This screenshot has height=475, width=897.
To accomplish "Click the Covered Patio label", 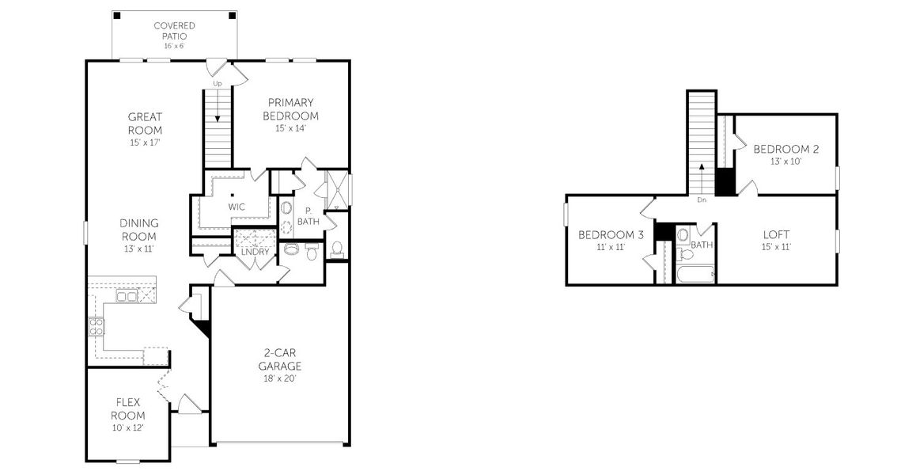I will [173, 31].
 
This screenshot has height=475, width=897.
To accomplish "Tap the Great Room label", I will [145, 123].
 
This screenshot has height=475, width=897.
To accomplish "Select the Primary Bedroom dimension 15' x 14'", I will [290, 128].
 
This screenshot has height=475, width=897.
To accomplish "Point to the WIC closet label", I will [237, 207].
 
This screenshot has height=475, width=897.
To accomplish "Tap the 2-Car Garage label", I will [279, 359].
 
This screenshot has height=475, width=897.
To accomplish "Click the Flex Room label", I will [127, 408].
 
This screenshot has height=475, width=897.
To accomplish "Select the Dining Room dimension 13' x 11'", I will [138, 249].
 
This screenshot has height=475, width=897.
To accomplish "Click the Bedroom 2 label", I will [785, 149].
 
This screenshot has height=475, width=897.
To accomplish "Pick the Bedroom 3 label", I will [610, 235].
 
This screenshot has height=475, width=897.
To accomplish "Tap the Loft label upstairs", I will [776, 235].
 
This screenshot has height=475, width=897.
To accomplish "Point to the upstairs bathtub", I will [695, 274].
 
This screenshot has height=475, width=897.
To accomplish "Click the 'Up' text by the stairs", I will [218, 83].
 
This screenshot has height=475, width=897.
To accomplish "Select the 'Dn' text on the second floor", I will [701, 200].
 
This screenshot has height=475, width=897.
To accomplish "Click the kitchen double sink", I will [127, 296].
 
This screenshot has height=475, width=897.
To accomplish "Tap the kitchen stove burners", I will [96, 327].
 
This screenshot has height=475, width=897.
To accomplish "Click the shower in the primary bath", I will [338, 190].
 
